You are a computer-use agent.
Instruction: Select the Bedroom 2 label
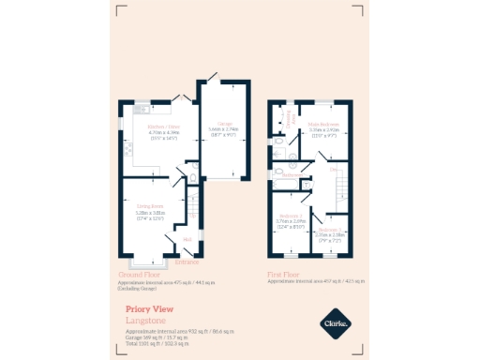tap(290, 215)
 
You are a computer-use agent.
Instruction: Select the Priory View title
tap(149, 308)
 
